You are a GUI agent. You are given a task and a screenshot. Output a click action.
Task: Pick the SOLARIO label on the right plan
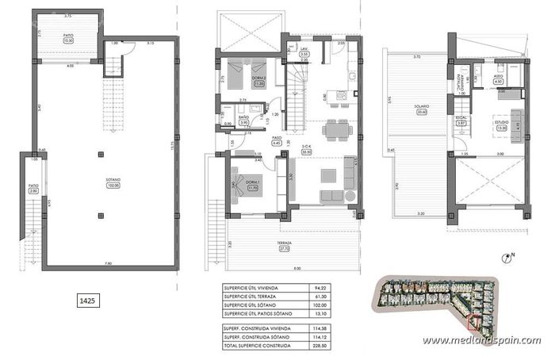point(421,107)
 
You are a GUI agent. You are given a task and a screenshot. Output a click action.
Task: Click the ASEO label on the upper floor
point(498,77)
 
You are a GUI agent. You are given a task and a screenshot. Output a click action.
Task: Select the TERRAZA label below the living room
point(285,244)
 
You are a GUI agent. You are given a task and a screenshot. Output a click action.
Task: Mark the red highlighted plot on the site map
point(474,321)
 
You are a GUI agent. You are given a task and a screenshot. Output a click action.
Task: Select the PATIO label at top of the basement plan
point(68,35)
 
